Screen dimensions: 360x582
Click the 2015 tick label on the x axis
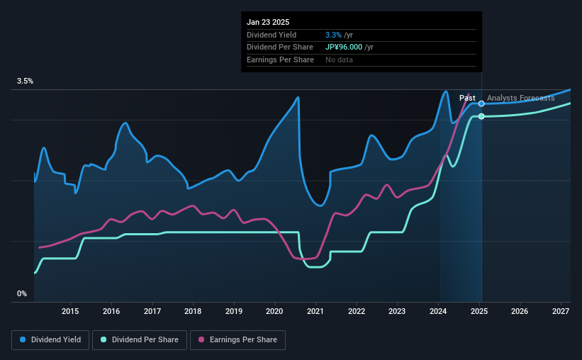click(70, 311)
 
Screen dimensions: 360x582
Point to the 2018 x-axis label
click(193, 311)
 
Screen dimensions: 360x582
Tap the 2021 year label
click(315, 311)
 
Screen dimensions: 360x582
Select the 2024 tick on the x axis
click(438, 311)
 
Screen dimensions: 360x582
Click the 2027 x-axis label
click(561, 311)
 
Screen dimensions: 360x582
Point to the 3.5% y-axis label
click(26, 81)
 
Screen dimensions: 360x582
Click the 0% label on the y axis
click(22, 293)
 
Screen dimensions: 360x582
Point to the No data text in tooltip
click(339, 60)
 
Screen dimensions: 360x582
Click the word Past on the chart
click(467, 98)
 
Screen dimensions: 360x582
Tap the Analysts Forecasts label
click(521, 98)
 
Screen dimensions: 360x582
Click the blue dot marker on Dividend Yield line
click(481, 103)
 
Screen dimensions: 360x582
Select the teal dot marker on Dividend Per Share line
click(481, 116)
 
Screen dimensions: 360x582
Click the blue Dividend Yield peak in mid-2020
click(298, 97)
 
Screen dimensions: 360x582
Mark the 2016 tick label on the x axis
click(111, 311)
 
